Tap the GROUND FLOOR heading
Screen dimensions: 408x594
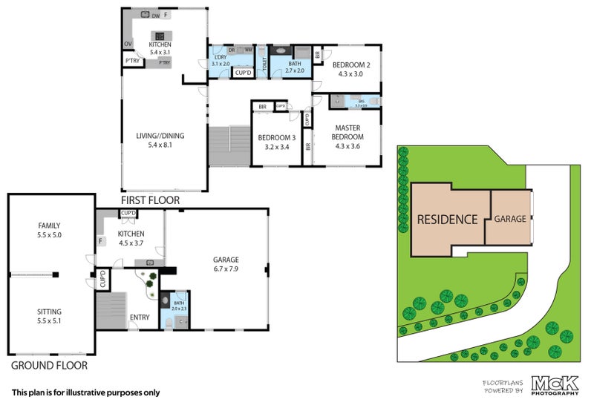tap(49, 365)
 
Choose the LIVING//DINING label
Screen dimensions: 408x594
tap(160, 136)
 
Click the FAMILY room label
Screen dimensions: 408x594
tap(50, 226)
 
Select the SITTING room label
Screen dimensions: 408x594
tap(50, 312)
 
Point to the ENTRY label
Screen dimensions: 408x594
tap(139, 317)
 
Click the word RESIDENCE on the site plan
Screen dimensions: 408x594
tap(446, 220)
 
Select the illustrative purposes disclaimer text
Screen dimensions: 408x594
tap(85, 392)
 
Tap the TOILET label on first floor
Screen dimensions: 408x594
tap(264, 63)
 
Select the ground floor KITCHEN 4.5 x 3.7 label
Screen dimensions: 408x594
tap(131, 238)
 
